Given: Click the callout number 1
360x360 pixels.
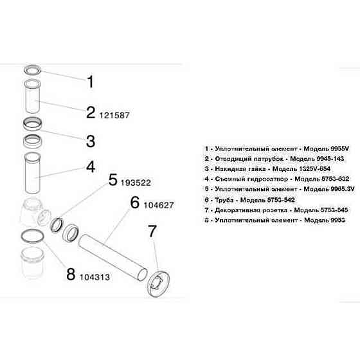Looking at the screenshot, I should click(91, 82).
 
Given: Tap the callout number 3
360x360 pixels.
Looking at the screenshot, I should click(91, 140).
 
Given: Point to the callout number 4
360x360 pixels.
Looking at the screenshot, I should click(91, 166).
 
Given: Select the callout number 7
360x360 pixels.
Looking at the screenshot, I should click(152, 231).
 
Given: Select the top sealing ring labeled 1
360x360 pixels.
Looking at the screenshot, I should click(32, 69).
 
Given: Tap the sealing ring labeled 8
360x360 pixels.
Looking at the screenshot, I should click(31, 237).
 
